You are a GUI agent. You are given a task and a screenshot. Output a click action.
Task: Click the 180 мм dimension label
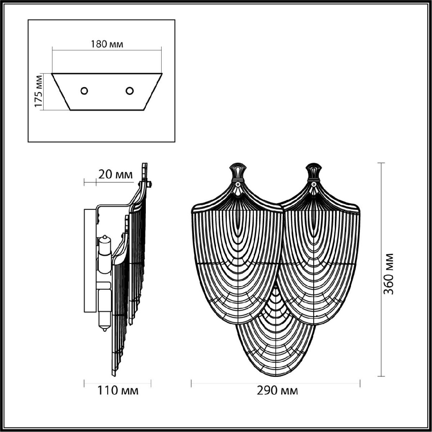(107, 44)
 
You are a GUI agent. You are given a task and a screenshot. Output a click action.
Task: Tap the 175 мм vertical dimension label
(39, 92)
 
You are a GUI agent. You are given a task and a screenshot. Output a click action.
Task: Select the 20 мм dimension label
(116, 175)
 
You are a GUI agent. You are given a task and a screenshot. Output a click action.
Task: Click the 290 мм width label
(277, 391)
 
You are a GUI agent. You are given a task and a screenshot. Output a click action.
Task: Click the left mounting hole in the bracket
(84, 91)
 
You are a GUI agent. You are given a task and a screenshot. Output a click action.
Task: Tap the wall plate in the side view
(89, 259)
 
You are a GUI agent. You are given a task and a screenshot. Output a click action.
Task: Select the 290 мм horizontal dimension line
(275, 383)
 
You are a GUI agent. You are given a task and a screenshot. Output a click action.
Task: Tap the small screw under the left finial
(238, 184)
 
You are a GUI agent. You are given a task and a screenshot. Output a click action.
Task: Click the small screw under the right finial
(315, 184)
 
